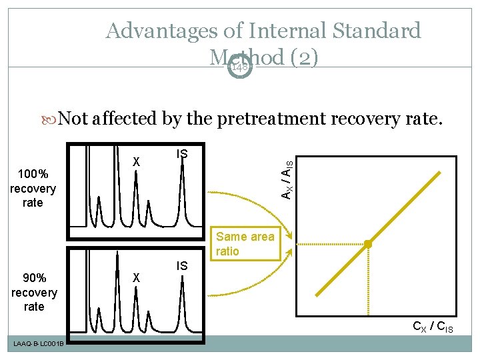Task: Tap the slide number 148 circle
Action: [x=239, y=67]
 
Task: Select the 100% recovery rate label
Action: [x=33, y=189]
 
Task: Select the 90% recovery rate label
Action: [x=34, y=293]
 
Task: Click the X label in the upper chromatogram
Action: [x=136, y=161]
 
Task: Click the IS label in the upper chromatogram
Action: [x=182, y=154]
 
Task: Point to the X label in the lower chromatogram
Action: [x=136, y=277]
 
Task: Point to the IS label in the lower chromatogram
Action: [x=182, y=266]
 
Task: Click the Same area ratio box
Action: [x=245, y=244]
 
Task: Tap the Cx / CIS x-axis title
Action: [x=433, y=327]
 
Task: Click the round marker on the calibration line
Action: [x=367, y=245]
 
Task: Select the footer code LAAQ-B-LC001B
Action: [x=37, y=343]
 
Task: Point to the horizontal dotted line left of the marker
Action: [x=330, y=245]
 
